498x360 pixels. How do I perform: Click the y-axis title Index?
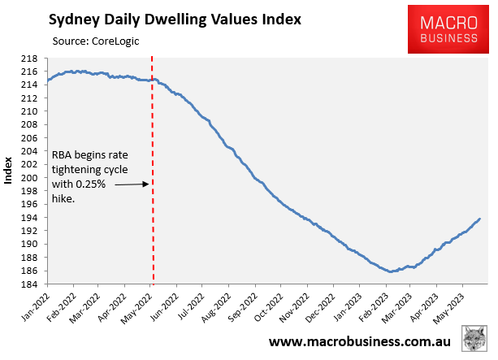click(9, 171)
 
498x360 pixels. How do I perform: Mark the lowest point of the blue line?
click(391, 271)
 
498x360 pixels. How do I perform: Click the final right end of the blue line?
click(479, 219)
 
